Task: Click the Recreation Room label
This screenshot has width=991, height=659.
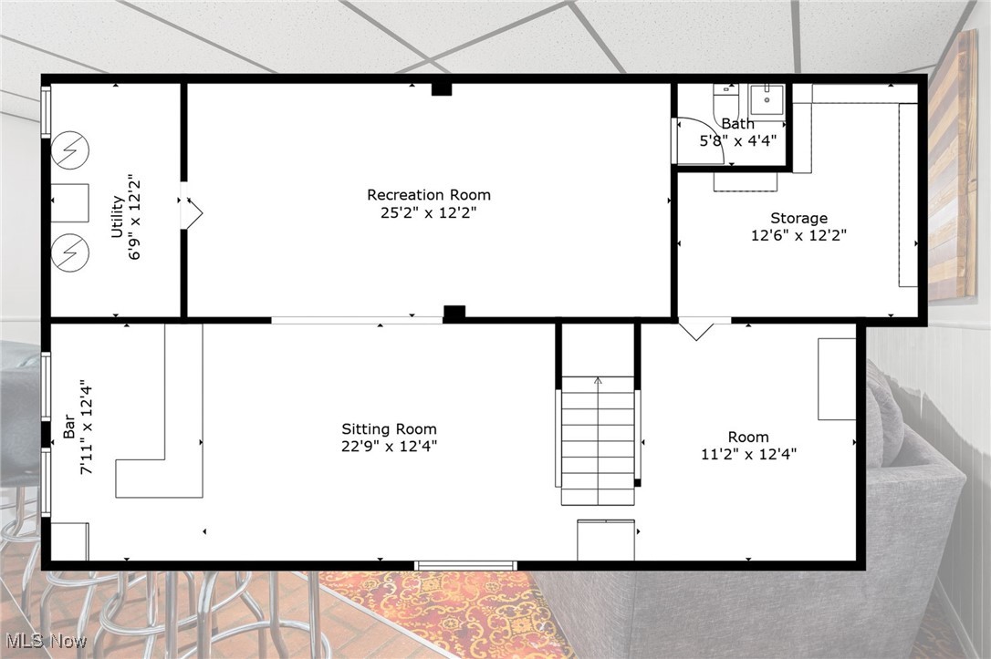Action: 428,195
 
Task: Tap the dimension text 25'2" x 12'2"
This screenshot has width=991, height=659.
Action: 428,212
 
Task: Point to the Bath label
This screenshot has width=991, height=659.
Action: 737,124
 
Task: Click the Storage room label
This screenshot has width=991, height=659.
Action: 798,219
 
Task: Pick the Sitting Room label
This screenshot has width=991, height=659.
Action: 389,429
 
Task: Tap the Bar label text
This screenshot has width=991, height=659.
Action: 69,428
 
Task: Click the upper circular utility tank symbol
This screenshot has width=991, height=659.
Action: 69,149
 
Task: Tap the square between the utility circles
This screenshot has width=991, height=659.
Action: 69,202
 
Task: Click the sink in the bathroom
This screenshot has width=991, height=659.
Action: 767,98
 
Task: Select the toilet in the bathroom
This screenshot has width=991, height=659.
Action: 725,98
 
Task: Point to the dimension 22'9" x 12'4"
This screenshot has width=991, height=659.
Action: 389,447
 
